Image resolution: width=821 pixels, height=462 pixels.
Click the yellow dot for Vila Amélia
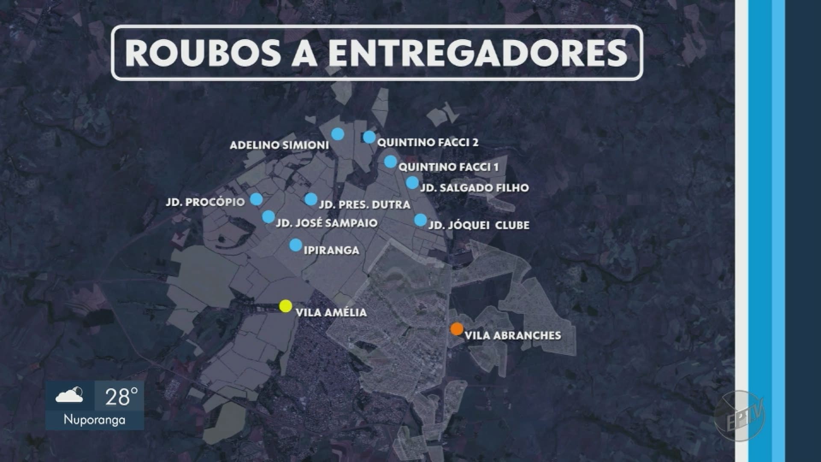coord(286,306)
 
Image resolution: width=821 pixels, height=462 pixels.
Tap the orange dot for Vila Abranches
coord(457,329)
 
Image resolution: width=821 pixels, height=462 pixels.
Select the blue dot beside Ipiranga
coord(295,245)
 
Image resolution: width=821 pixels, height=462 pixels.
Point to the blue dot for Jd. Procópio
coord(256,199)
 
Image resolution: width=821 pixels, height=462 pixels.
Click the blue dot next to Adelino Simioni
coord(337,134)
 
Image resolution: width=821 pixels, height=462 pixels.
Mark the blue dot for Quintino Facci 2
coord(369,137)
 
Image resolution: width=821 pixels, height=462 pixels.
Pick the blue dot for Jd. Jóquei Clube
coord(420,220)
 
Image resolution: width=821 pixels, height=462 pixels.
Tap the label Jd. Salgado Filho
coord(474,188)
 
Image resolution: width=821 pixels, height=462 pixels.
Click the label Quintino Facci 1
coord(449,167)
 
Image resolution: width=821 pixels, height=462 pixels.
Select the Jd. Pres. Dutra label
coord(364,205)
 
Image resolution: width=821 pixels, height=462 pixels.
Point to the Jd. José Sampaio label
coord(327,223)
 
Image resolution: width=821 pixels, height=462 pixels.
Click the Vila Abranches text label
coord(513,335)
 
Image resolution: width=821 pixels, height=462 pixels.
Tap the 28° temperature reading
coord(121,397)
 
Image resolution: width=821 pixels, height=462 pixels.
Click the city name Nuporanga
coord(95,420)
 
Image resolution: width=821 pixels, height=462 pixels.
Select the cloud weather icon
coord(69,395)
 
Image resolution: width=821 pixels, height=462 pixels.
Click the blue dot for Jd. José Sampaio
coord(268,216)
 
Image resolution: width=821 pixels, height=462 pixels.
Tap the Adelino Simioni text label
coord(279,145)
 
